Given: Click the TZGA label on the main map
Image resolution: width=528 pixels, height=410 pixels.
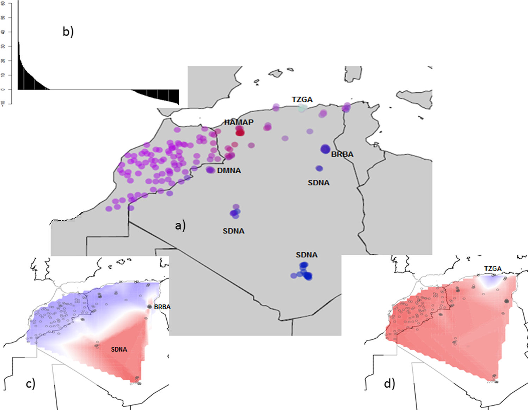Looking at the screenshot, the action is pos(302,100).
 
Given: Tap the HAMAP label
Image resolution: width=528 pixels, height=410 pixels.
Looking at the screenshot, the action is pos(239,122).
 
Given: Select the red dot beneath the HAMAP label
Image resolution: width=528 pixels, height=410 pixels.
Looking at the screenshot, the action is pos(240,132).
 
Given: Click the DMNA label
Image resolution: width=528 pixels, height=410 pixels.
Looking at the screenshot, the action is pos(229,171).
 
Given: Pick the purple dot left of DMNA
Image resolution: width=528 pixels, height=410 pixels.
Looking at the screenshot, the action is pos(210,170).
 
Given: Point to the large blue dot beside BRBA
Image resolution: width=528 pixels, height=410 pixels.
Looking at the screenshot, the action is pos(325,149).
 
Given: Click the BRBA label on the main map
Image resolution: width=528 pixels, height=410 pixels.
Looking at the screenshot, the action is pos(342,154).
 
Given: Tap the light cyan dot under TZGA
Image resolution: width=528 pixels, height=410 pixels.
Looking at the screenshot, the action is pos(302,108).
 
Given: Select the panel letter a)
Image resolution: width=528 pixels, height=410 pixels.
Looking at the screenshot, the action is pos(180,225).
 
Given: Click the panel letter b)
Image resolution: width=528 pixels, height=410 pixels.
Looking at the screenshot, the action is pos(68,31).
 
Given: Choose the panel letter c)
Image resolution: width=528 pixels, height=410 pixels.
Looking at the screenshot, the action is pos(31,384).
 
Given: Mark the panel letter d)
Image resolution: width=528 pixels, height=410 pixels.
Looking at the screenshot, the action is pos(389,384).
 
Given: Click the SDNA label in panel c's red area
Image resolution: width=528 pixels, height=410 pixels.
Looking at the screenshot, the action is pos(119,349).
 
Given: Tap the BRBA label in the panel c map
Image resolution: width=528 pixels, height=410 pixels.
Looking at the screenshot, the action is pos(162,307).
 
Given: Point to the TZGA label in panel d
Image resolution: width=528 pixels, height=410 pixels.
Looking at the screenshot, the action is pos(492,269).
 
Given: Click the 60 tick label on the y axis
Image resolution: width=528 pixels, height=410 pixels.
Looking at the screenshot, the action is pos(3,4).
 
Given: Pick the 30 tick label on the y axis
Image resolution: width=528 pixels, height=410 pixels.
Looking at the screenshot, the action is pos(3,46).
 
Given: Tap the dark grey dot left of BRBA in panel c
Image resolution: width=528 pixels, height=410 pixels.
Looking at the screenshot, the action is pos(149,307).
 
